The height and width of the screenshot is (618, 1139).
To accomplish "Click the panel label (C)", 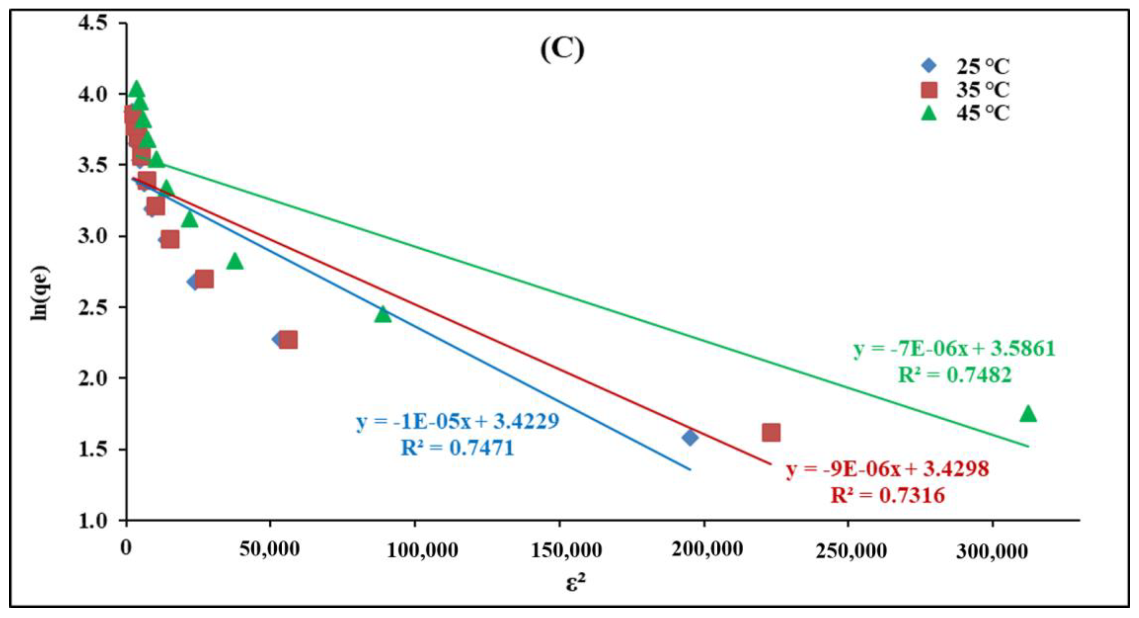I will click(x=562, y=50).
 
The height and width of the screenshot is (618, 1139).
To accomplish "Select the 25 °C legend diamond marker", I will click(x=929, y=66).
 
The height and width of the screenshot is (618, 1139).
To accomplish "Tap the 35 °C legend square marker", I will click(x=929, y=90).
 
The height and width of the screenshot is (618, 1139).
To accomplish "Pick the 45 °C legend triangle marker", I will click(x=929, y=113).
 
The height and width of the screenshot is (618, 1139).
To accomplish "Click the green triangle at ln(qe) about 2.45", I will click(x=383, y=315).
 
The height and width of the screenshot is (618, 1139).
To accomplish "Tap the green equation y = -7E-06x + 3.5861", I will click(x=954, y=349).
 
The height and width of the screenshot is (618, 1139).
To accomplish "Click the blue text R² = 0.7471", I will click(x=457, y=448).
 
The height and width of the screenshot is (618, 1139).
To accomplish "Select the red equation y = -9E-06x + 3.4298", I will click(x=887, y=469).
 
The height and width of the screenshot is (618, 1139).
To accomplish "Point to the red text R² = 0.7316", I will click(x=887, y=495).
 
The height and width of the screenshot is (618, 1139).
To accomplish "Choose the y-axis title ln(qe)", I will click(x=40, y=293).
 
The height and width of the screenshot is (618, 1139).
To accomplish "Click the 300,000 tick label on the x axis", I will click(x=991, y=551).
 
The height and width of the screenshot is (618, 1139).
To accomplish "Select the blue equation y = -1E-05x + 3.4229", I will click(x=457, y=421).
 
